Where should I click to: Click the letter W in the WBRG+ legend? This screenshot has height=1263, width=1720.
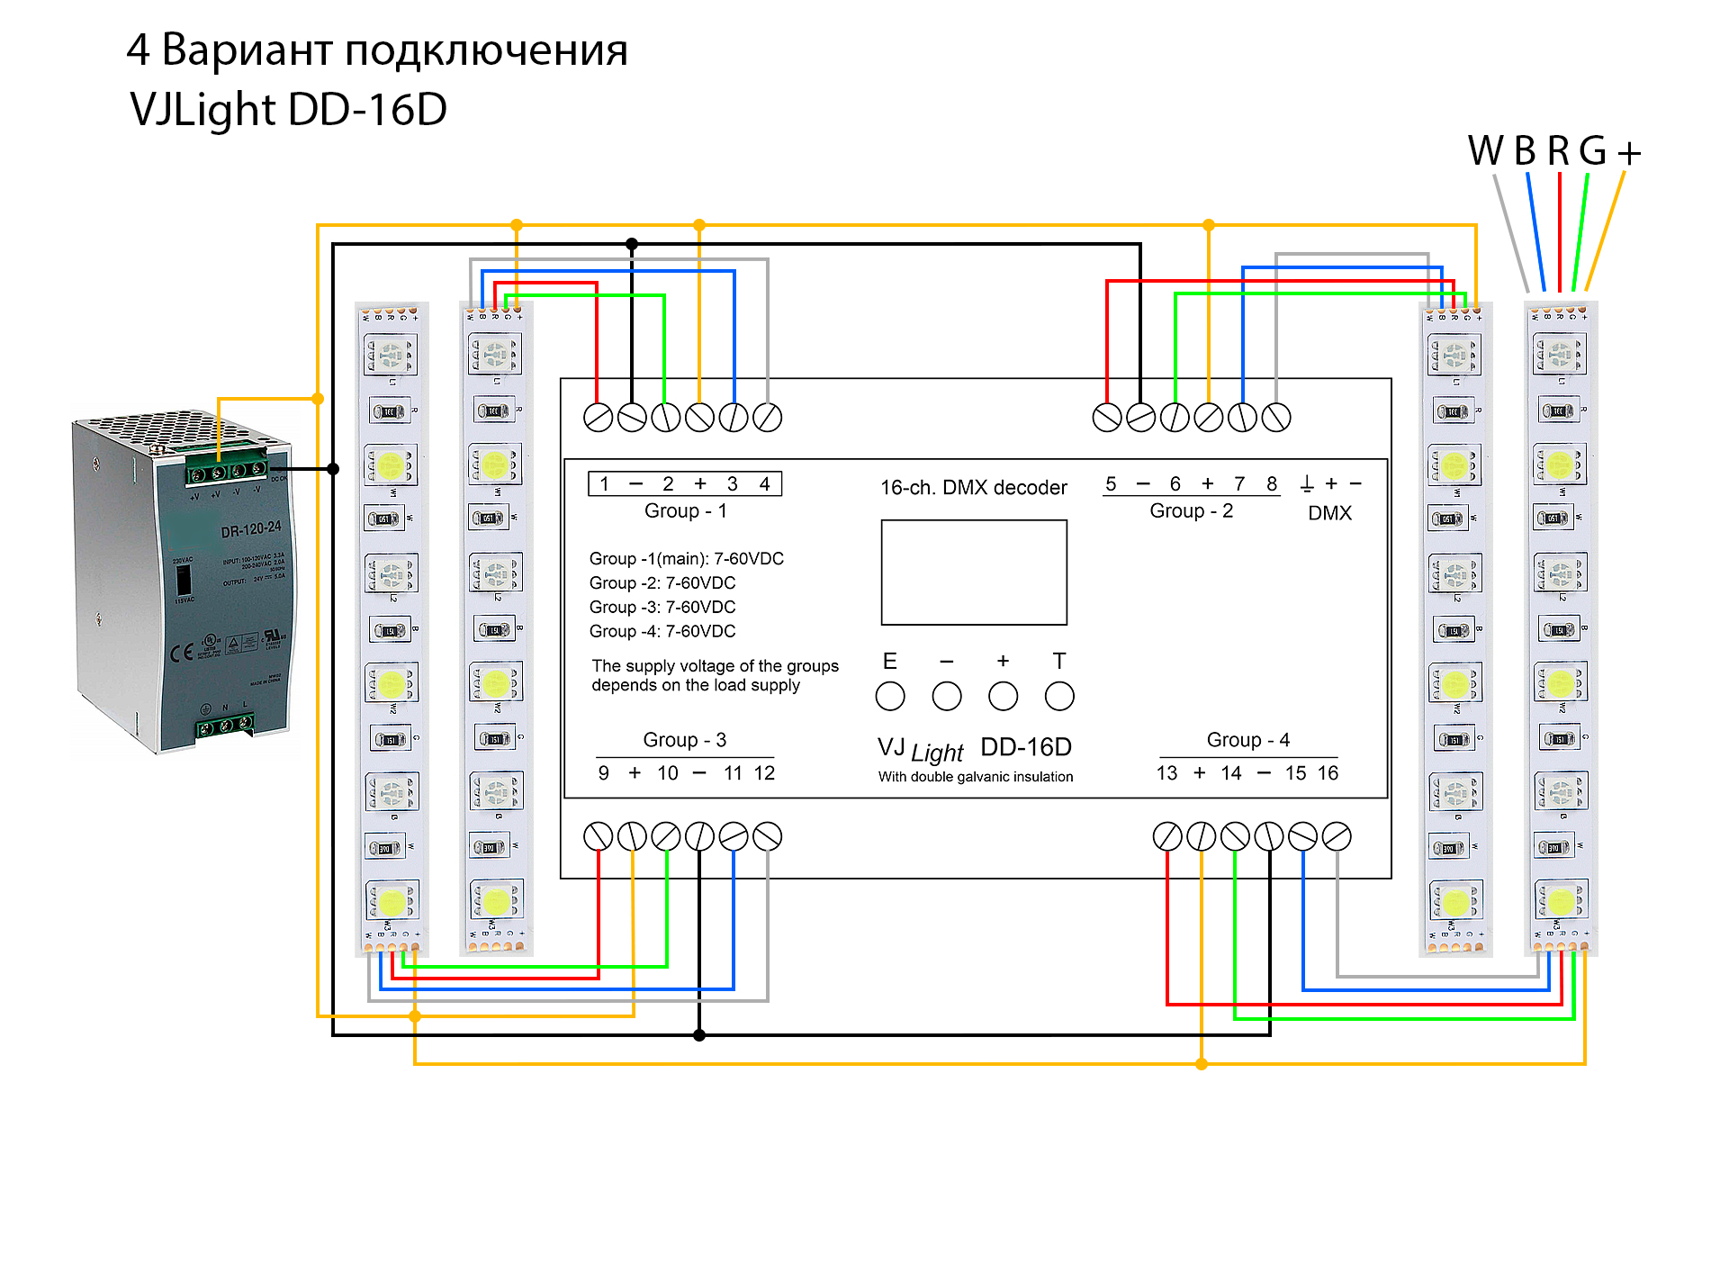(1485, 150)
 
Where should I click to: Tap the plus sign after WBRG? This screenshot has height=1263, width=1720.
(1629, 153)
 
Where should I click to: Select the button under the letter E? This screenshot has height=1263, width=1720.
(890, 696)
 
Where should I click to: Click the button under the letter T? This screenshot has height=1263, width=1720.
(1059, 696)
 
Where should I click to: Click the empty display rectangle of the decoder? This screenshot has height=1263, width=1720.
(974, 573)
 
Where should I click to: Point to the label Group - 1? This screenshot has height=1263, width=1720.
(685, 510)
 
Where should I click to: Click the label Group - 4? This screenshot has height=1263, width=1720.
(1247, 739)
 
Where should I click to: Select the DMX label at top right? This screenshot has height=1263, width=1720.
(1329, 513)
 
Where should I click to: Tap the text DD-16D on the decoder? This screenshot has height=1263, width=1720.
(1026, 747)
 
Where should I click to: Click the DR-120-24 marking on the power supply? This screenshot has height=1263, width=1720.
(251, 529)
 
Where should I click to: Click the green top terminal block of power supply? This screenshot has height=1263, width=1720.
(226, 471)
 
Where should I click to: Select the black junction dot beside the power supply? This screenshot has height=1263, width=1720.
(333, 469)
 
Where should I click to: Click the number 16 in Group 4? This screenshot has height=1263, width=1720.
(1328, 772)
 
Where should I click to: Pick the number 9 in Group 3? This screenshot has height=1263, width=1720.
(603, 772)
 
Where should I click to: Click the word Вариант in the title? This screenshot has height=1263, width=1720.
(248, 50)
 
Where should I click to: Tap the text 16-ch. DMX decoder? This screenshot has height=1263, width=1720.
(973, 487)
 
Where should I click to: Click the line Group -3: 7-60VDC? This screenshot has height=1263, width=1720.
(662, 607)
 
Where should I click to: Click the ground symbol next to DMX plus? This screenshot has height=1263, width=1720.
(1307, 484)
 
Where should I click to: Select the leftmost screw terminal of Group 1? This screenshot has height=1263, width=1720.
(598, 418)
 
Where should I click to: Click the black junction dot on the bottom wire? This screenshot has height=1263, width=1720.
(699, 1035)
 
